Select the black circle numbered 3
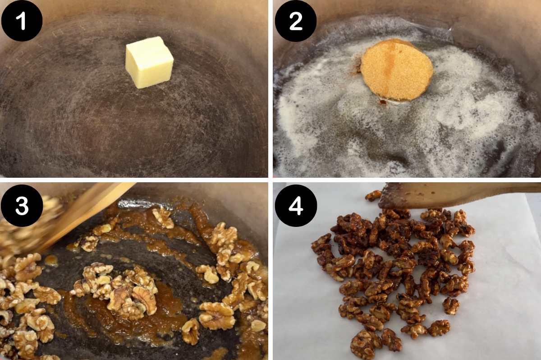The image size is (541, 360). tap(22, 205)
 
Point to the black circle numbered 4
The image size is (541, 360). tap(295, 205)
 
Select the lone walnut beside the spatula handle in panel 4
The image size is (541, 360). tap(373, 195)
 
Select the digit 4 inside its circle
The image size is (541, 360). tap(295, 206)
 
